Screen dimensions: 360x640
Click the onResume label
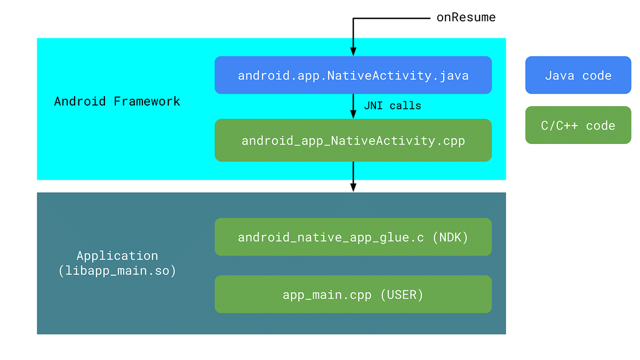(x=466, y=18)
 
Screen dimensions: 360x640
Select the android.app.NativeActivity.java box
(x=353, y=75)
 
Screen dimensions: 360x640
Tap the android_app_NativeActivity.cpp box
(x=353, y=140)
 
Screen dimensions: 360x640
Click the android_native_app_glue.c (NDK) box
(x=353, y=237)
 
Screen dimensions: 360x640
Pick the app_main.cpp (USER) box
(x=353, y=294)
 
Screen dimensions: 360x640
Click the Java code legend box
(x=578, y=75)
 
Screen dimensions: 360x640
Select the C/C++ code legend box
(x=578, y=125)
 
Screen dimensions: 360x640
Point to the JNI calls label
(x=392, y=106)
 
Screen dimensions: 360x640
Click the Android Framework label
(x=117, y=101)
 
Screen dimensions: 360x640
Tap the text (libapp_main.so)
(x=117, y=271)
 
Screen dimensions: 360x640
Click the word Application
(x=117, y=255)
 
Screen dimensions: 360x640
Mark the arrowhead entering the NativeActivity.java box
(x=353, y=52)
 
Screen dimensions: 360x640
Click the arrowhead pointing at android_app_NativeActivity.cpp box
(x=353, y=114)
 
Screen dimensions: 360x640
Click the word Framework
(x=147, y=101)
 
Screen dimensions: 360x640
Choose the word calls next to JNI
(x=405, y=106)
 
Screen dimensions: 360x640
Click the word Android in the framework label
(x=80, y=101)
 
